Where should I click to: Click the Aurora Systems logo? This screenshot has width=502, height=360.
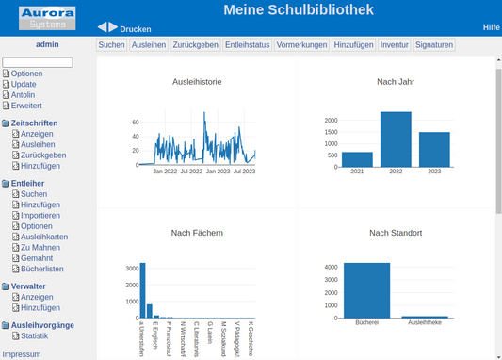click(46, 17)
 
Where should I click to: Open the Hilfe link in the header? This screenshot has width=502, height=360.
click(491, 27)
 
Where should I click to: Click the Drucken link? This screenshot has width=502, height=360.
click(135, 29)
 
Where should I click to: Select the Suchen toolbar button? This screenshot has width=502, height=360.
click(111, 44)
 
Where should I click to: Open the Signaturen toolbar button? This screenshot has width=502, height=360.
click(434, 44)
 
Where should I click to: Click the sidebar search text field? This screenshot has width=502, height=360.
click(38, 62)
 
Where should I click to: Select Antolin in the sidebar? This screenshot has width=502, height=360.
click(23, 94)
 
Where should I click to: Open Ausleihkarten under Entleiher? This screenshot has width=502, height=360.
click(43, 237)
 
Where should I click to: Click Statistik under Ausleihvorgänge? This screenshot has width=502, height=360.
click(34, 335)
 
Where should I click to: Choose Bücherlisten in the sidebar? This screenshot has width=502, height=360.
click(41, 269)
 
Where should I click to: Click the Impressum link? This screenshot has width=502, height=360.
click(22, 354)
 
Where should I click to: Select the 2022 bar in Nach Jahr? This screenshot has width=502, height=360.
click(396, 139)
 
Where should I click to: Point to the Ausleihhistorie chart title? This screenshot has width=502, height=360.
click(197, 82)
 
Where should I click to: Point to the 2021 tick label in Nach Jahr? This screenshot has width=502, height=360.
click(357, 172)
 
